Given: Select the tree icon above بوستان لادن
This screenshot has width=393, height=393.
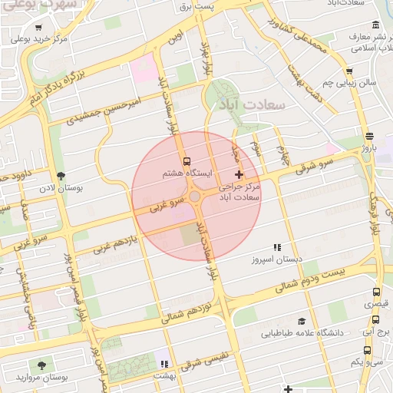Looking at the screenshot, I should [60, 175].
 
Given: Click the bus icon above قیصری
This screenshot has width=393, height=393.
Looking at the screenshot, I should [376, 292].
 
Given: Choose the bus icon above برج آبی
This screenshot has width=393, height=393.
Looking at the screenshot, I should [376, 319].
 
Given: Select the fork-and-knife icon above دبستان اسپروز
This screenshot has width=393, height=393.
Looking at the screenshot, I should [277, 247].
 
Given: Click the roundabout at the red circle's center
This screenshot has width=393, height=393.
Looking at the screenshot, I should [196, 197].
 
